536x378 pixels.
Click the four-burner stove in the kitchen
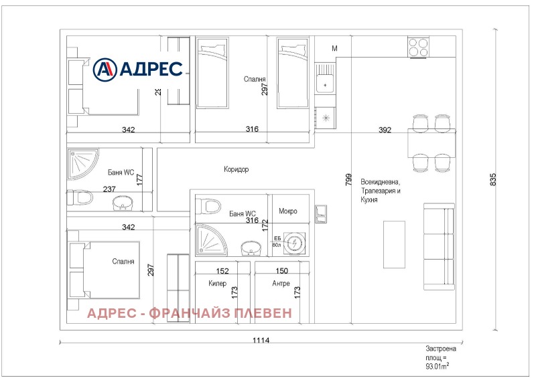coord(419,47)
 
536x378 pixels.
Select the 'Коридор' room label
coord(236,170)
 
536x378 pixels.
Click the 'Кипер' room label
coord(209,283)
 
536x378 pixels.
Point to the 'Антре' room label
coord(281,283)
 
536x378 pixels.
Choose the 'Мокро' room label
coord(288,211)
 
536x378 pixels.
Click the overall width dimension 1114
coord(261,341)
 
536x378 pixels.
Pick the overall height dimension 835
coord(493,179)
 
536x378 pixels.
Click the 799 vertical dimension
coord(348,179)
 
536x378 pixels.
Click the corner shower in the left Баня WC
coord(82,163)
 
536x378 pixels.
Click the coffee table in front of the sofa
coord(393,245)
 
